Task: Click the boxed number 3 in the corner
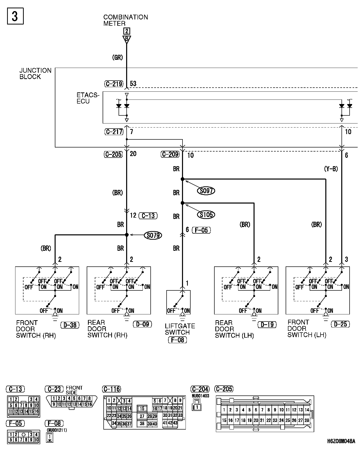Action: click(15, 16)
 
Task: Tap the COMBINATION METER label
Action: click(125, 20)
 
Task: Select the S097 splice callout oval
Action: click(206, 191)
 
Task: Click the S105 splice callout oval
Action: click(206, 215)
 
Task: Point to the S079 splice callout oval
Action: click(153, 235)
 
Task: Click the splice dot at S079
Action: click(127, 235)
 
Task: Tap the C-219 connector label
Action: click(114, 84)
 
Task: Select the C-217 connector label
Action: click(114, 132)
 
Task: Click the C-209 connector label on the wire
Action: click(170, 154)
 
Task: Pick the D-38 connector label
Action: click(70, 325)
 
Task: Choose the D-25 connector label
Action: click(340, 324)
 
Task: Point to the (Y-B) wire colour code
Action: click(331, 169)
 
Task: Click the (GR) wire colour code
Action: click(117, 58)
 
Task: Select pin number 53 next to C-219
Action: click(133, 84)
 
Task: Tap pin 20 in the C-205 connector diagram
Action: click(256, 420)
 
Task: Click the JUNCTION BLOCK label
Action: click(35, 73)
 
